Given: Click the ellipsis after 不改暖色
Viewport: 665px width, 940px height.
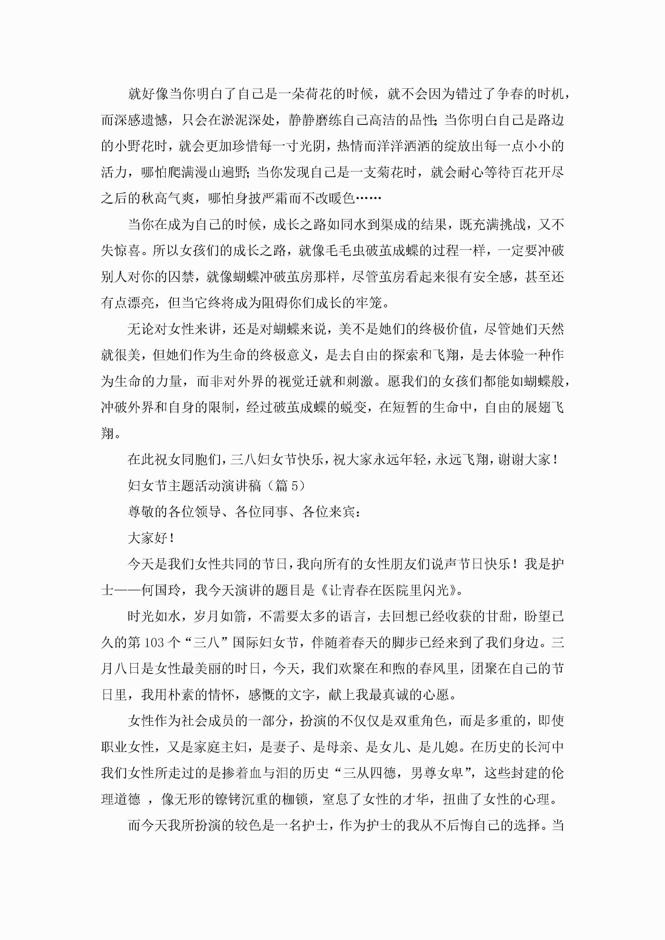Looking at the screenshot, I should [x=368, y=199].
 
